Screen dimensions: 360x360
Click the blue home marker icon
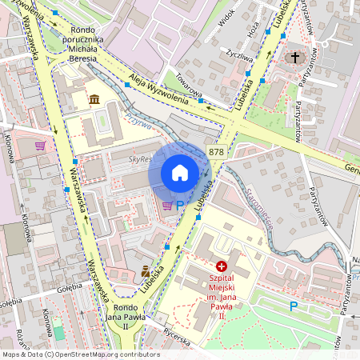(x=180, y=173)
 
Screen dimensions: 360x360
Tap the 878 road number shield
(x=216, y=152)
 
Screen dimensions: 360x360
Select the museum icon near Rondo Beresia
(x=94, y=99)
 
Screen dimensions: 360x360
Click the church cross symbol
(x=295, y=58)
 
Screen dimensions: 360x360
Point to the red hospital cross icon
(x=222, y=265)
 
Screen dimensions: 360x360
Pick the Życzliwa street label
(x=239, y=58)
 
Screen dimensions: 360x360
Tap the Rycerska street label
(x=177, y=341)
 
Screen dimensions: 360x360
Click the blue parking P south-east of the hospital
(x=294, y=306)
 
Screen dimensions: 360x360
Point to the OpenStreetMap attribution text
(x=80, y=354)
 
